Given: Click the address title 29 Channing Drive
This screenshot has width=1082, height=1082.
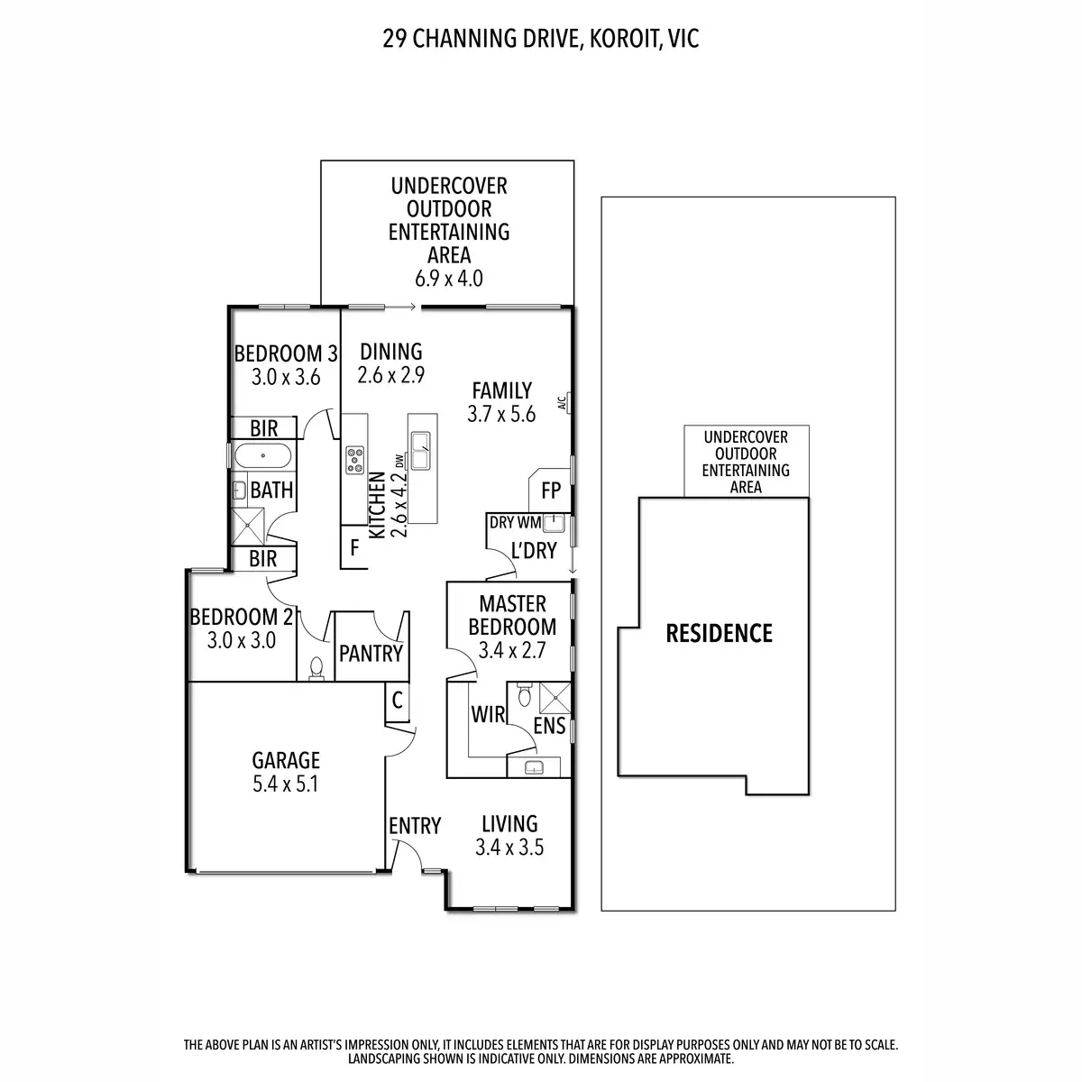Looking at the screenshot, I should click(541, 39).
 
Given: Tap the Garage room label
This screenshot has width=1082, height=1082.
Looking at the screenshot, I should click(286, 760).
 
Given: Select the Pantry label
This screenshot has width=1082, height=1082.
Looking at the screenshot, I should click(370, 653).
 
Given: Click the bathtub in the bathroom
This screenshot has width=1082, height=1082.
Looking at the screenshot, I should click(262, 455).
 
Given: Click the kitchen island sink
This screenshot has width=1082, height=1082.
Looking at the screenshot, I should click(420, 447).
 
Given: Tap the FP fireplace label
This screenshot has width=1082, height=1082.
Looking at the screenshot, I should click(551, 492).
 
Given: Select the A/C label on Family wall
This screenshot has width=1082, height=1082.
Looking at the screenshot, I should click(562, 403).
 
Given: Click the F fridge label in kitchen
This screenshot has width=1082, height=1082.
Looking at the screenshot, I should click(355, 547).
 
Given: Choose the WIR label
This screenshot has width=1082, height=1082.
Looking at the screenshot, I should click(488, 715).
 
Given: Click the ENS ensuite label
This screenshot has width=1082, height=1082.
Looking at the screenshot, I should click(549, 726).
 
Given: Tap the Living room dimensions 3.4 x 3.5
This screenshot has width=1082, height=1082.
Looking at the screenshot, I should click(509, 848).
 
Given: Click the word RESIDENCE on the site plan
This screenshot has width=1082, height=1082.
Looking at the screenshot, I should click(719, 633).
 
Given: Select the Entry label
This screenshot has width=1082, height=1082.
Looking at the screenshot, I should click(415, 826).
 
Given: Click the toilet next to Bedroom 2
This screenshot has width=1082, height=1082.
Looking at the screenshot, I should click(316, 668).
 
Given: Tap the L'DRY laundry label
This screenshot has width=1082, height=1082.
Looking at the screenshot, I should click(534, 550).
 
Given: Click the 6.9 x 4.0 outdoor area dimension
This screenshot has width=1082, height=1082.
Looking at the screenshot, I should click(449, 279).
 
